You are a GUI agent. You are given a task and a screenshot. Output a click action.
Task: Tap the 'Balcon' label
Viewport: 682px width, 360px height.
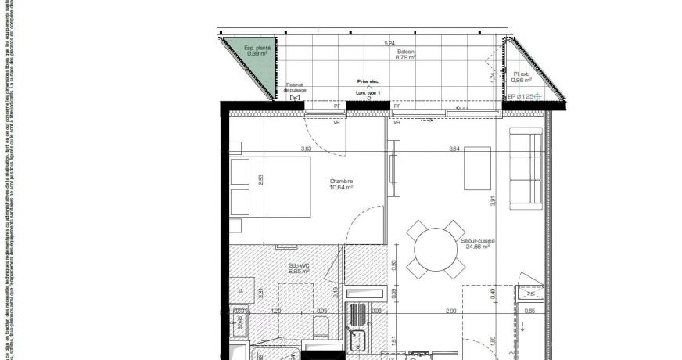405,51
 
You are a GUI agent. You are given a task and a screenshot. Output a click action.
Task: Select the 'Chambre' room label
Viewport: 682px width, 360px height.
342,182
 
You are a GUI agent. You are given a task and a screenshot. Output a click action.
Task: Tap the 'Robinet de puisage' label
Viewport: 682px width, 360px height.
294,88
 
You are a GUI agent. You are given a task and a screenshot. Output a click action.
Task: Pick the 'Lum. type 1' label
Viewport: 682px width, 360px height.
368,93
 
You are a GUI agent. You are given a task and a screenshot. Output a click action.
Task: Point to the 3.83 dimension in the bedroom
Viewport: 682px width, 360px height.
307,149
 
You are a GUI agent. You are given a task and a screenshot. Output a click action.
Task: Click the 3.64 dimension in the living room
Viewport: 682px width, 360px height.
454,149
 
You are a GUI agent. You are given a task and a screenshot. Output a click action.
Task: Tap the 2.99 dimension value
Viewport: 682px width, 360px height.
450,311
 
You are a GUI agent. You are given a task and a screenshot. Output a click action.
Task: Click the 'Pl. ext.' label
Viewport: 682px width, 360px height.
522,74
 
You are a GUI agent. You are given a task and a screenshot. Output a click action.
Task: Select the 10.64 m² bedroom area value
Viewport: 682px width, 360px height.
342,188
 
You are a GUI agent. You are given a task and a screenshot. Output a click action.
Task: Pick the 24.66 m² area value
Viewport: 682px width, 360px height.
476,247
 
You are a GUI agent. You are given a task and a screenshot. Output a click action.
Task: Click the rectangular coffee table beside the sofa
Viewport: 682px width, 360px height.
477,168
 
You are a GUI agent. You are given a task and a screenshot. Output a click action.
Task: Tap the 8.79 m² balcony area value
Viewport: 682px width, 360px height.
404,57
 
